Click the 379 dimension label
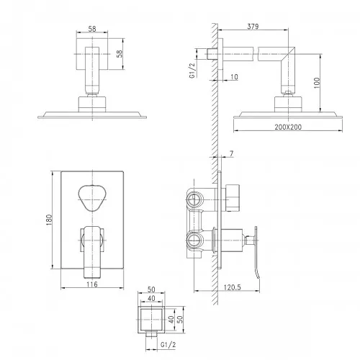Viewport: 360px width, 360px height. click(x=253, y=27)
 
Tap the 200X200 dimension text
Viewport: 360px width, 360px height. click(x=288, y=127)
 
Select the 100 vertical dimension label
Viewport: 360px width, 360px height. click(x=317, y=83)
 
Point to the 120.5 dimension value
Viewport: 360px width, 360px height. click(x=232, y=287)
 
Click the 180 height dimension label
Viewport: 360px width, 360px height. click(x=49, y=220)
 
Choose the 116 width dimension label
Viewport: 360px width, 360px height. click(x=92, y=284)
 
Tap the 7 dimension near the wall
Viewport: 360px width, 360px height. click(x=231, y=153)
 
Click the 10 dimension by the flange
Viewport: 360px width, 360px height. click(x=234, y=77)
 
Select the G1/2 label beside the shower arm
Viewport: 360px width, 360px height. click(x=192, y=70)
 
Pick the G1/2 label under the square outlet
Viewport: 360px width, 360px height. click(x=168, y=345)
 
